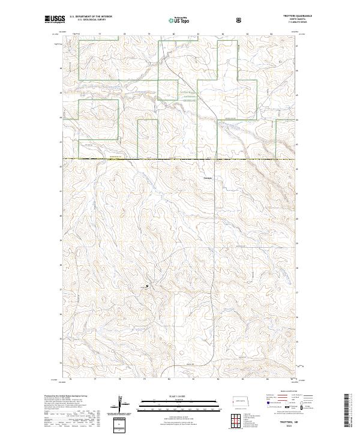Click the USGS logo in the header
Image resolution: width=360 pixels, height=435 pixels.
[55, 20]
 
